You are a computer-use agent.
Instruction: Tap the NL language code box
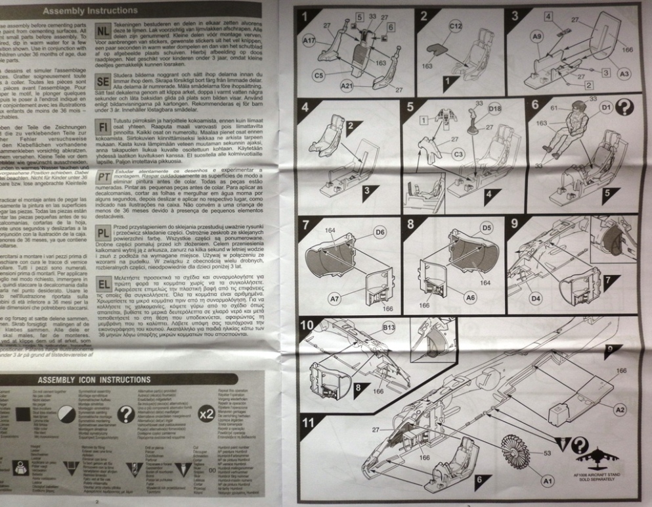point(103,32)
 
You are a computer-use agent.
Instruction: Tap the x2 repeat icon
point(206,414)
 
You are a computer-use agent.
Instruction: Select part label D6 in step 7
point(379,232)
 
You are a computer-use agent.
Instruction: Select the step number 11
point(306,423)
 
